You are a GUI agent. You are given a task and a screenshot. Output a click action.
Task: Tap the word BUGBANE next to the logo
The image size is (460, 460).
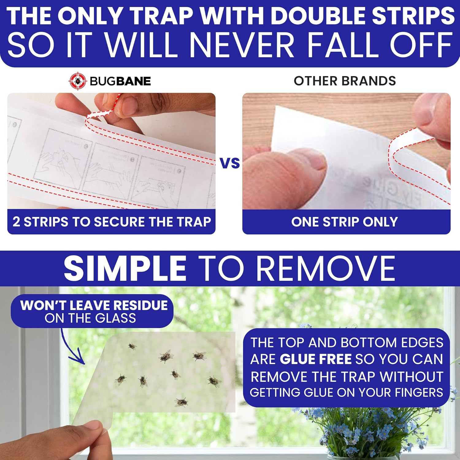[120, 81]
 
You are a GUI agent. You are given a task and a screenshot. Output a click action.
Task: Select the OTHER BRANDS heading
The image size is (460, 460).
[345, 81]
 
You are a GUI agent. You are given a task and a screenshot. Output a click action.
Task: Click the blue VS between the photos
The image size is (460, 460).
[230, 163]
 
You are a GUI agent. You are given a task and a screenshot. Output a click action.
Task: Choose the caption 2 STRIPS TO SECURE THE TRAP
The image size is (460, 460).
[112, 222]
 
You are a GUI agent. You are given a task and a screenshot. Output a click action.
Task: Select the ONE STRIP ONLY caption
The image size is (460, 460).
[344, 222]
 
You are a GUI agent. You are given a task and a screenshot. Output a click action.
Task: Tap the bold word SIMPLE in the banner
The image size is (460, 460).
[125, 268]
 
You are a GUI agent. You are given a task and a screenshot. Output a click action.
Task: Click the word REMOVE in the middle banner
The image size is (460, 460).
[325, 268]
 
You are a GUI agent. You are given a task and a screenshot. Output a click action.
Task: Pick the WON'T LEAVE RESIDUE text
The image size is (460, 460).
[94, 305]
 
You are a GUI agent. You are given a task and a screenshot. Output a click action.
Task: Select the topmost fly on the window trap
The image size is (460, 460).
[132, 346]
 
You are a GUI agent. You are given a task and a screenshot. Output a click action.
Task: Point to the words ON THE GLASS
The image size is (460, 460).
[90, 318]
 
